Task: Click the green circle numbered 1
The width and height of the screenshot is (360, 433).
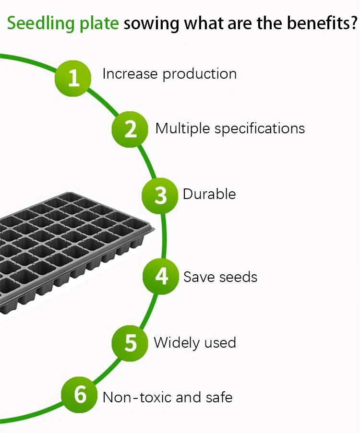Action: tap(73, 77)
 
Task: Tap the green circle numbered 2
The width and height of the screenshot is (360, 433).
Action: tap(130, 129)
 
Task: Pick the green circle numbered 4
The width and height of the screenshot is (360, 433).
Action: tap(162, 277)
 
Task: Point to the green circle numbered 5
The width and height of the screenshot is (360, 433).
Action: tap(131, 343)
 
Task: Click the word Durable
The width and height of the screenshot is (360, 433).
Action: tap(209, 194)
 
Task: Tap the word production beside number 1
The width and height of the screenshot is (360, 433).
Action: tap(199, 74)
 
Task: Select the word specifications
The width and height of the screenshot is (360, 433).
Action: tap(260, 129)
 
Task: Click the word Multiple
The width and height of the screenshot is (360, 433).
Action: tap(183, 129)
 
